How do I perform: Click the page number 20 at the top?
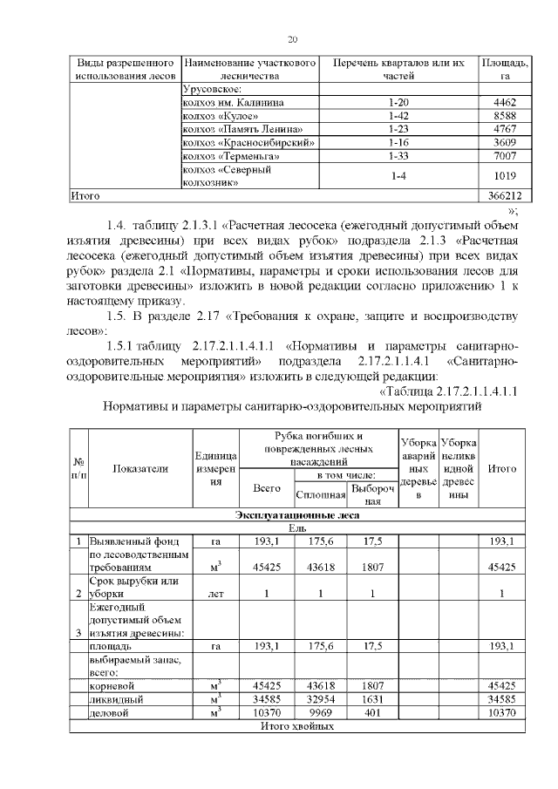pyautogui.click(x=292, y=38)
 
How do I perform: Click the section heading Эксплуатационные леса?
pyautogui.click(x=291, y=516)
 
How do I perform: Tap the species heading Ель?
pyautogui.click(x=291, y=528)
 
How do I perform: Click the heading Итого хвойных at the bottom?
pyautogui.click(x=291, y=725)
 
